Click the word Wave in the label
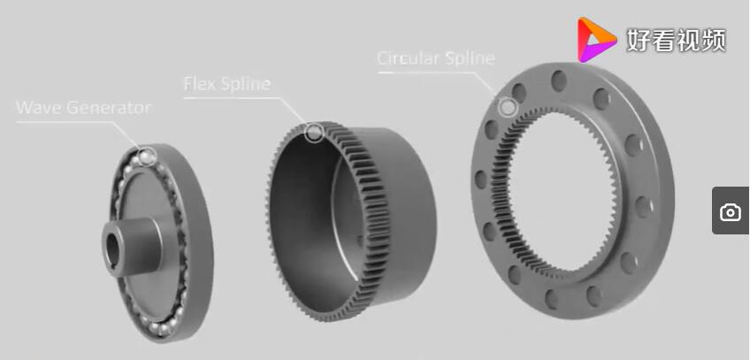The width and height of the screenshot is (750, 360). [34, 107]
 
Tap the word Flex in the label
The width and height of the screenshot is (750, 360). [198, 84]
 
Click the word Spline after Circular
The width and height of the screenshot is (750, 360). [470, 58]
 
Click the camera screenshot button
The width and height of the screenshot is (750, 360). [731, 211]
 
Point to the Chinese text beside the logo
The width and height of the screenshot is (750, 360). [677, 40]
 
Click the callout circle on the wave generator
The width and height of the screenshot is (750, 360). [147, 157]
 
